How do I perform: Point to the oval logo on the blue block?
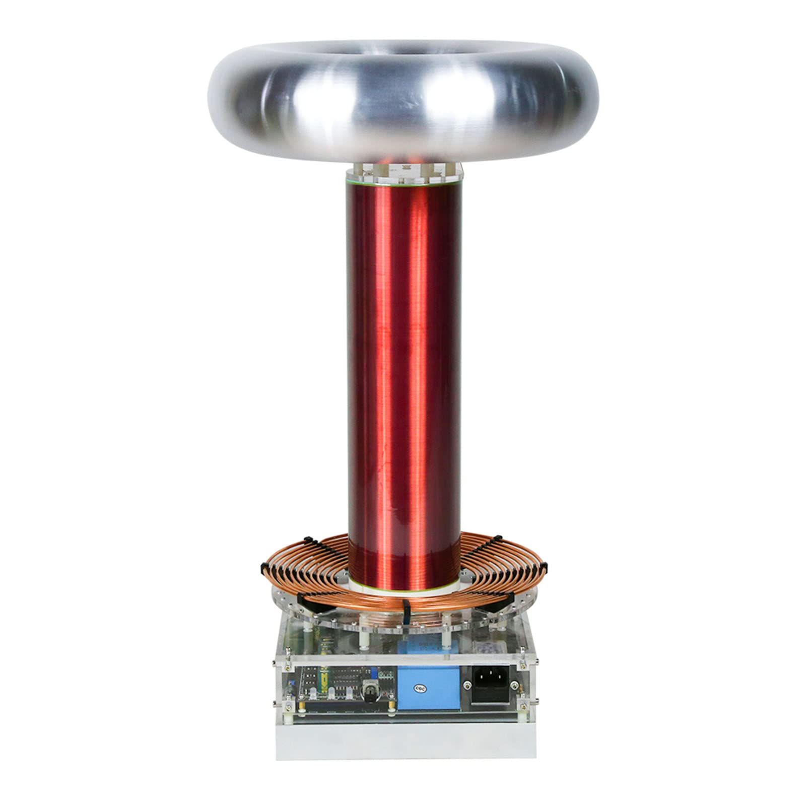tap(418, 687)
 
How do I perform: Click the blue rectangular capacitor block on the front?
tap(428, 688)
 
